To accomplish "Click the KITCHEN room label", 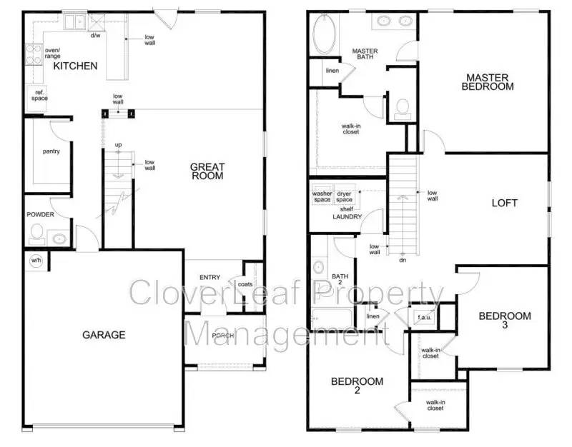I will (x=76, y=66).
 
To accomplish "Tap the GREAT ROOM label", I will (x=207, y=171).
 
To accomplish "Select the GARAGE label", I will (x=104, y=334).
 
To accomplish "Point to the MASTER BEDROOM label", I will (x=488, y=81).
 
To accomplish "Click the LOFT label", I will (x=504, y=203).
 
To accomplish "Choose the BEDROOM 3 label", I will (x=505, y=320).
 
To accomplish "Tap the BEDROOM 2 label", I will (x=357, y=386).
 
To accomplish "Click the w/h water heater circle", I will (x=35, y=260).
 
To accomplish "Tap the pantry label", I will (x=51, y=151).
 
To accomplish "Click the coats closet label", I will (x=245, y=284).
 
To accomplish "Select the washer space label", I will (x=322, y=196).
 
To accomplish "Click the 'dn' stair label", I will (x=403, y=260).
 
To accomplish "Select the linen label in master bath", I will (x=332, y=71).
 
